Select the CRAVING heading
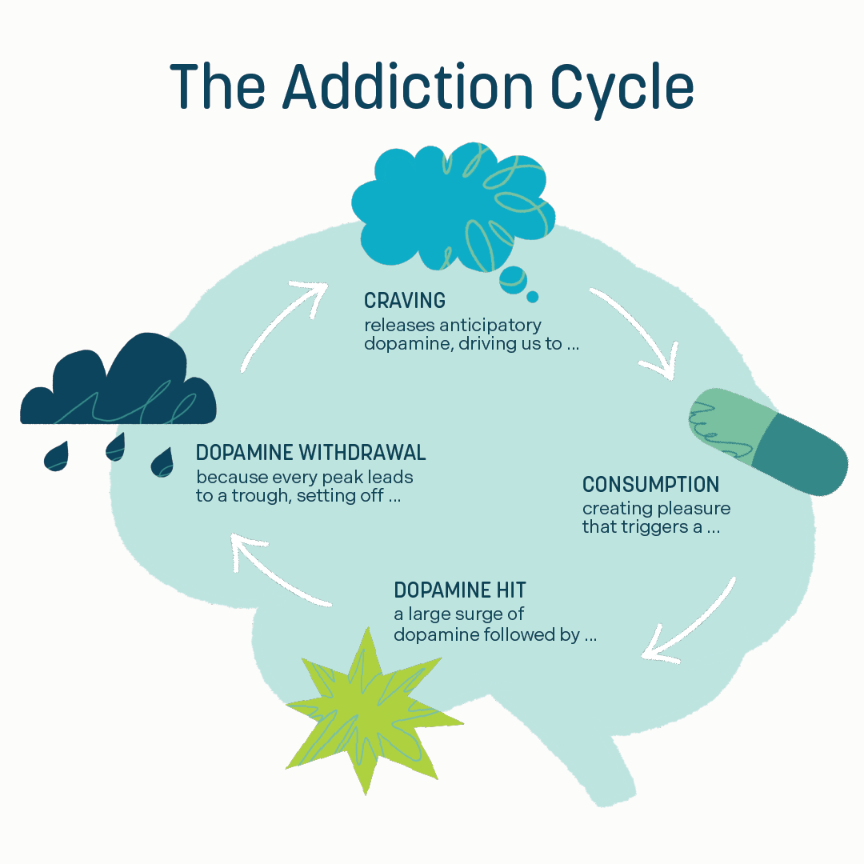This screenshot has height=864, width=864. [x=404, y=301]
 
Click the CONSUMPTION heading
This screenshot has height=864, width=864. [x=650, y=484]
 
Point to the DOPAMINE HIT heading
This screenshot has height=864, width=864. [x=460, y=590]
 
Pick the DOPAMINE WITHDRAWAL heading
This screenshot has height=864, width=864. [x=310, y=453]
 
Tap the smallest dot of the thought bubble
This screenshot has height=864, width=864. [x=533, y=297]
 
